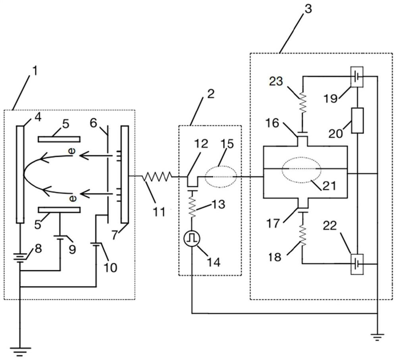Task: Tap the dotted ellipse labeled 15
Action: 221,175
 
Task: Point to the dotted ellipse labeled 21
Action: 302,169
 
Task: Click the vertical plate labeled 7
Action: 124,175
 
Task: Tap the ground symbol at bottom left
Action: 20,350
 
